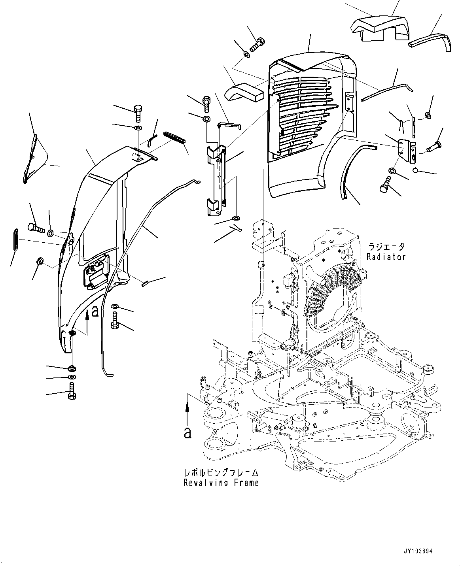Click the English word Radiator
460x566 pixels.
click(x=386, y=257)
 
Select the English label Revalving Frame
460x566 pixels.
click(x=221, y=483)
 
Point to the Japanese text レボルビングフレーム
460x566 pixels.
click(x=221, y=473)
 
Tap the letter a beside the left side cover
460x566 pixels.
click(x=95, y=312)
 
